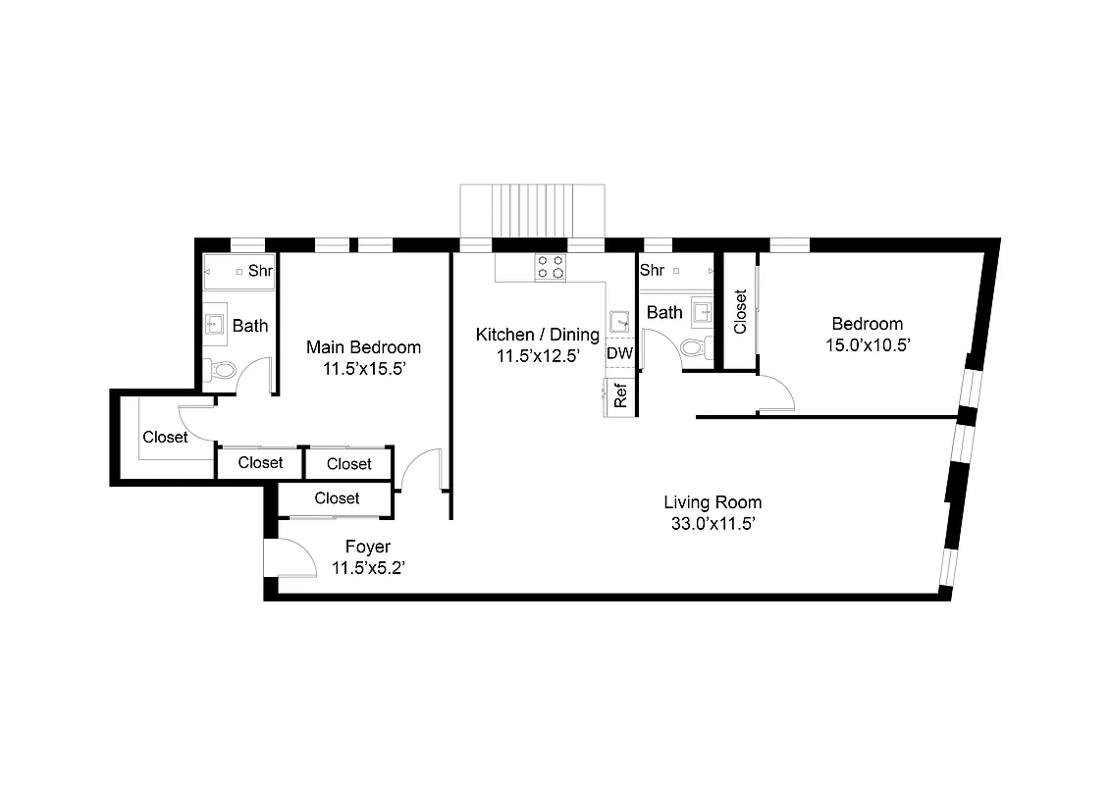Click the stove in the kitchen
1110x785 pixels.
coord(550,267)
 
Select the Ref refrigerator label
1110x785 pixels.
coord(620,395)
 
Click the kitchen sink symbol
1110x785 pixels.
coord(619,321)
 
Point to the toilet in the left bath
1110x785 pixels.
coord(221,371)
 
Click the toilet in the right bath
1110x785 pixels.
coord(693,347)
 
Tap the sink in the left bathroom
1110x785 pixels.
coord(214,325)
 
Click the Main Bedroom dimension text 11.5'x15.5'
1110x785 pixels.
coord(363,369)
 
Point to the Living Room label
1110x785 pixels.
coord(712,502)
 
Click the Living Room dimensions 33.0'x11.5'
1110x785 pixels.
coord(712,524)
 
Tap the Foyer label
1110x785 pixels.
coord(367,547)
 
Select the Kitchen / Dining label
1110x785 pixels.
coord(537,335)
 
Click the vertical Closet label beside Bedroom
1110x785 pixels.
coord(740,311)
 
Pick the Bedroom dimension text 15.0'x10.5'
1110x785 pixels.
coord(868,344)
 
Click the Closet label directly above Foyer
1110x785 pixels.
coord(337,498)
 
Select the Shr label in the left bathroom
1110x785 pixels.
coord(260,271)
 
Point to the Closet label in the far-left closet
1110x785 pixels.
coord(165,438)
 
